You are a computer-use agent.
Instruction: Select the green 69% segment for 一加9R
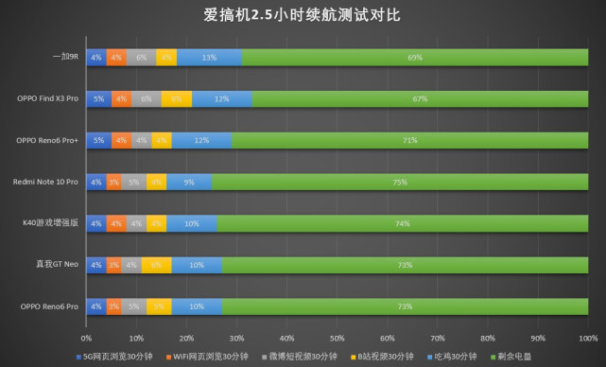click(x=414, y=57)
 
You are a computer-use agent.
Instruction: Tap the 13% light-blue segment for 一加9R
click(x=209, y=57)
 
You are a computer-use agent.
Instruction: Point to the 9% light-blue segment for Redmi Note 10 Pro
click(x=189, y=182)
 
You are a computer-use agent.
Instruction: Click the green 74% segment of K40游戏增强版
click(x=402, y=223)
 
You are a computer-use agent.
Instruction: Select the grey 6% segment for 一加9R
click(x=141, y=57)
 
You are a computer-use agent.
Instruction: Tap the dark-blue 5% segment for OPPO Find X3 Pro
click(x=98, y=98)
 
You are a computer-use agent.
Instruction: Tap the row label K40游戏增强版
click(x=52, y=223)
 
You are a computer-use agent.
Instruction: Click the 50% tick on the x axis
click(x=337, y=337)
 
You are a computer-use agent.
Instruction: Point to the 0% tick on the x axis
click(x=86, y=337)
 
